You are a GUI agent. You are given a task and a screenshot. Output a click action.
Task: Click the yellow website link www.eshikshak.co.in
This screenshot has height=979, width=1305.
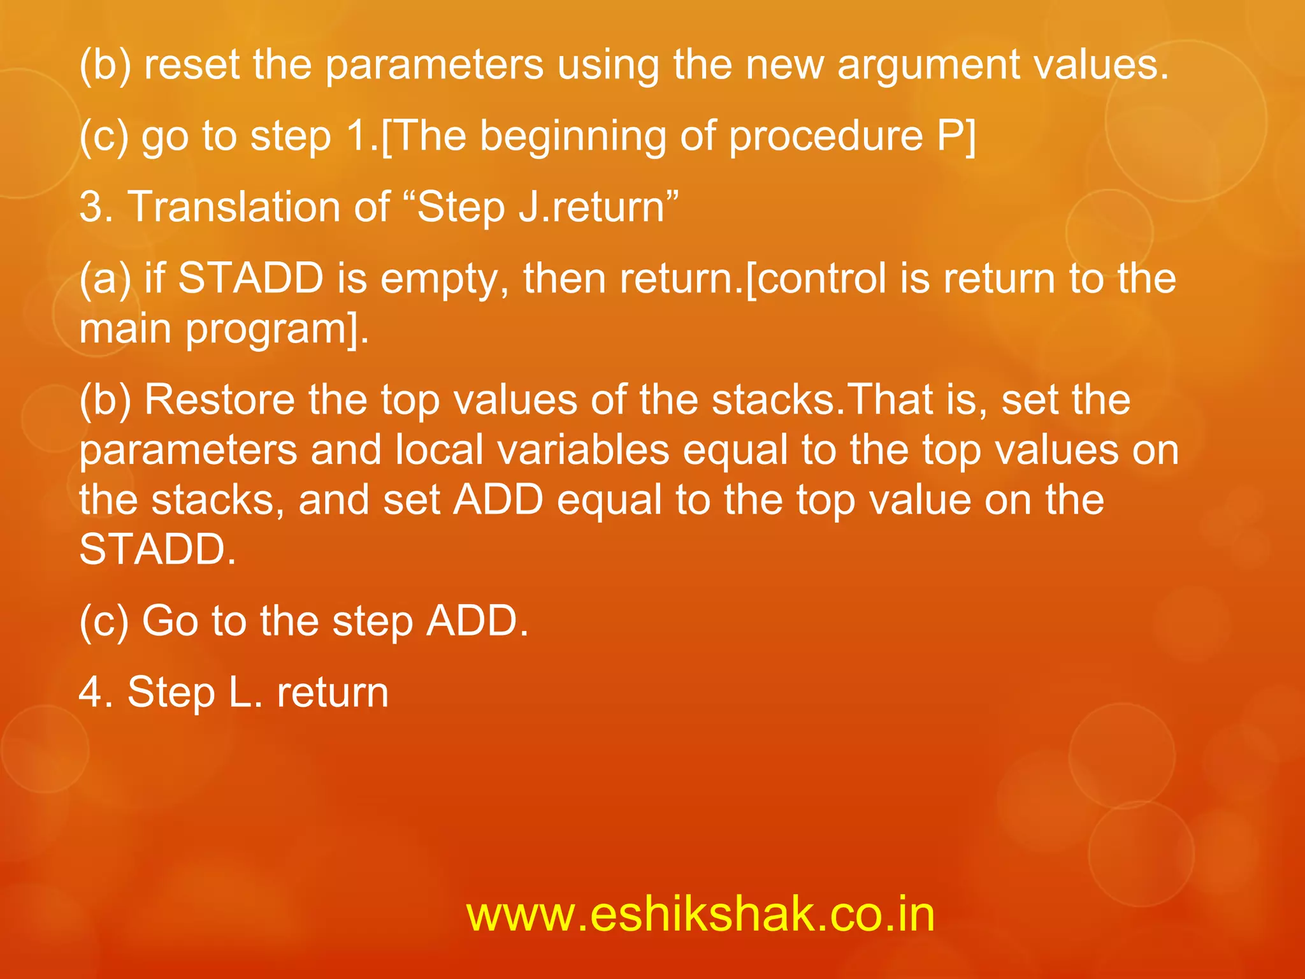700,914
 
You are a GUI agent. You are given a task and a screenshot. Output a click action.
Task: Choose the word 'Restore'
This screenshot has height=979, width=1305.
219,400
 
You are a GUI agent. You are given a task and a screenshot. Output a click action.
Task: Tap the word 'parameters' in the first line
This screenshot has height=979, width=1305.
434,66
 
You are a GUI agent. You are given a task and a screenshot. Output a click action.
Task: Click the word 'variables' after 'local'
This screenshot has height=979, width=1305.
583,449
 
